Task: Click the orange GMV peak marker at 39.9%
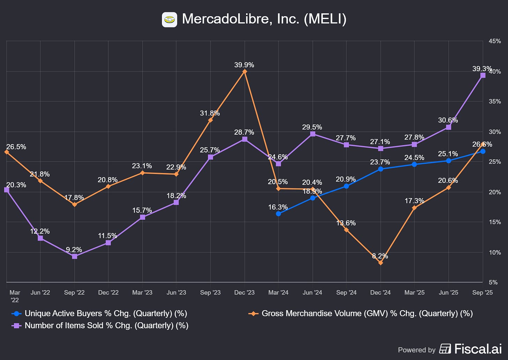click(x=245, y=72)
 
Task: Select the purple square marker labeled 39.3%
click(x=483, y=75)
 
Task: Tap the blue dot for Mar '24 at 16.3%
click(x=278, y=214)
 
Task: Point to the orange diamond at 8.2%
click(x=381, y=263)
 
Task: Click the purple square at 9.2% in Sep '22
click(x=74, y=256)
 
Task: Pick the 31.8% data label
click(x=210, y=113)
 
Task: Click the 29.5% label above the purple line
click(x=312, y=127)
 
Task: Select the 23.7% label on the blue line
click(x=380, y=162)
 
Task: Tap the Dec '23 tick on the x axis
click(x=245, y=292)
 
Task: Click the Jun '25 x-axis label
click(x=448, y=292)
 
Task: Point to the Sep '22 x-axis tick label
click(x=74, y=292)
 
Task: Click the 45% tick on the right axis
click(x=495, y=41)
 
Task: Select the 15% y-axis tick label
click(x=495, y=222)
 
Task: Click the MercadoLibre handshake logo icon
click(x=170, y=20)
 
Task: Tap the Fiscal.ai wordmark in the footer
click(x=478, y=349)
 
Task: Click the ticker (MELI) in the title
click(x=325, y=19)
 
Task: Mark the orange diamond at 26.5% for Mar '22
click(x=7, y=152)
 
